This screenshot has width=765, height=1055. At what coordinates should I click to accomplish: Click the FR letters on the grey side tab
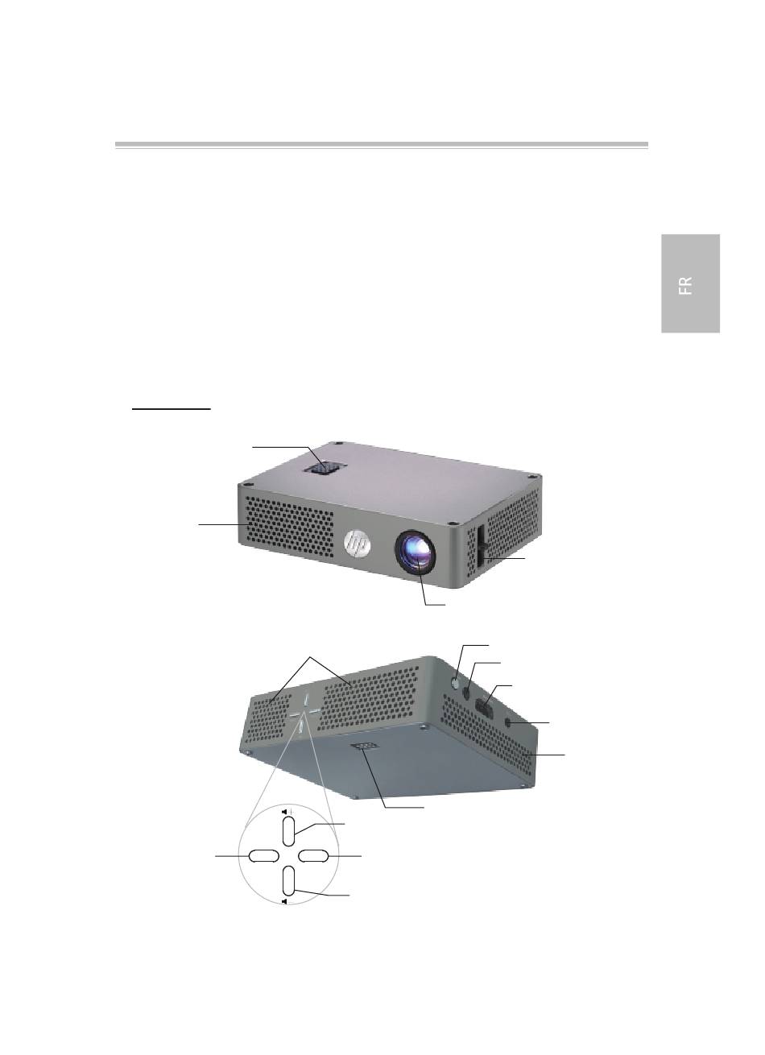coord(686,286)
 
